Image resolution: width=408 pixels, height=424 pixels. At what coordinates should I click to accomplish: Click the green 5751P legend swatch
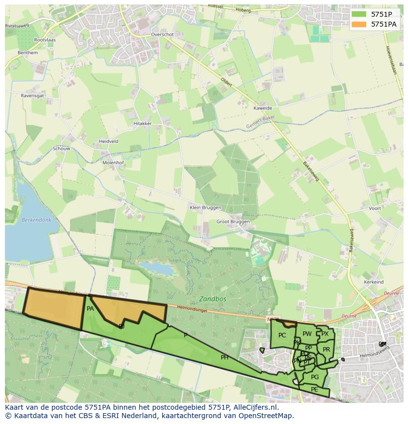(360, 14)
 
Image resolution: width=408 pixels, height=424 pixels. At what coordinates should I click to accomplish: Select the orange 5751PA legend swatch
(360, 24)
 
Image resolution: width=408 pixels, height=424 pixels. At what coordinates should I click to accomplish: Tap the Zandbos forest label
(213, 299)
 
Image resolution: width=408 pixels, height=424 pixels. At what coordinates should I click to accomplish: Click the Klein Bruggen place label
(205, 208)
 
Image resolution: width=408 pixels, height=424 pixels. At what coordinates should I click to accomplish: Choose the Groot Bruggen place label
(233, 222)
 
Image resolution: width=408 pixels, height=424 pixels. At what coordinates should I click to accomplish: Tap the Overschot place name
(163, 35)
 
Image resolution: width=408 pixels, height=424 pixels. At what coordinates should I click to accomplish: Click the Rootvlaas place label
(45, 40)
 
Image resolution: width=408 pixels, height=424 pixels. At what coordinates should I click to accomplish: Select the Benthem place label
(28, 53)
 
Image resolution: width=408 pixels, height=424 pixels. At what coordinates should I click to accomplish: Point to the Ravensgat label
(33, 96)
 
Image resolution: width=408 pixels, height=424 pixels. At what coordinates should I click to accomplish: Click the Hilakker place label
(142, 124)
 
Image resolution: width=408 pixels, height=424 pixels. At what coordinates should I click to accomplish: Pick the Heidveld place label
(108, 141)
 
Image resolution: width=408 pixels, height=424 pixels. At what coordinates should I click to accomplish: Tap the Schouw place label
(62, 149)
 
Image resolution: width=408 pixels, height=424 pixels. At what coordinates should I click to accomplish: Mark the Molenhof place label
(113, 163)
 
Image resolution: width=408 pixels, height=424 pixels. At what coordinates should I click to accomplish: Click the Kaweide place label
(262, 108)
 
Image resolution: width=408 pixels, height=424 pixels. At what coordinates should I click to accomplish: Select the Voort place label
(374, 208)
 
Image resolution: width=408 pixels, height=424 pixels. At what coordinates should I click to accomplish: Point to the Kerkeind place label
(374, 282)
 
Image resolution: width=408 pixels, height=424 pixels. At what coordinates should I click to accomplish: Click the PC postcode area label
(282, 335)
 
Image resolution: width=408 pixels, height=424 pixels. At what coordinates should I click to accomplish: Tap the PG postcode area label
(315, 377)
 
